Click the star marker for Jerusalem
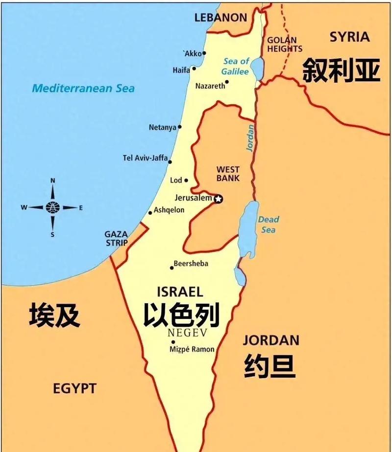219,199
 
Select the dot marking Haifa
194,68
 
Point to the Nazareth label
210,86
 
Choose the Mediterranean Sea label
83,89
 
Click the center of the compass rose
52,207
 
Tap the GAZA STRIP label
116,239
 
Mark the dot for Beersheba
171,268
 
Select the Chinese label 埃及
54,315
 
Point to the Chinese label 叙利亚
341,69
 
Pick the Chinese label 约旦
269,366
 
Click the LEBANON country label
220,18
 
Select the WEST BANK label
228,174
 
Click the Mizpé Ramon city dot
173,342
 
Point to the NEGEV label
187,333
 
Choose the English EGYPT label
74,389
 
